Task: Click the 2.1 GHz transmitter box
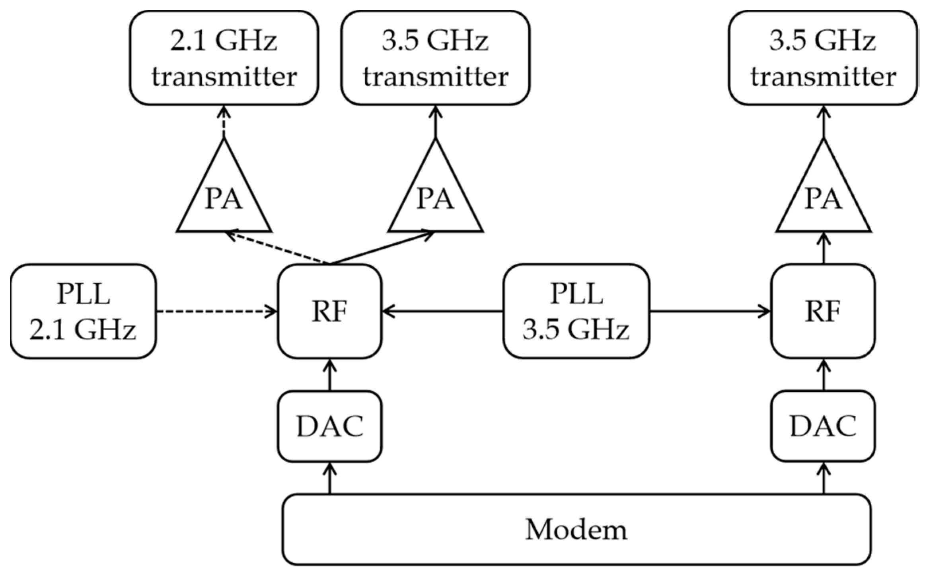(224, 58)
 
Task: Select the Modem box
(576, 529)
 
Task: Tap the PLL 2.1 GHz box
(83, 311)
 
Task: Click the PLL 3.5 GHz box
(576, 311)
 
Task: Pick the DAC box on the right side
(823, 426)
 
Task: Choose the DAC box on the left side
(329, 426)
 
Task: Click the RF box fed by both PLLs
(329, 311)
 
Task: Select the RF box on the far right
(823, 311)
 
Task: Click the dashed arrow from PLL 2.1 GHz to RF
(217, 311)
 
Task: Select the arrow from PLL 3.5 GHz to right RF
(710, 311)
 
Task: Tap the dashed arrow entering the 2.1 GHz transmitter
(224, 122)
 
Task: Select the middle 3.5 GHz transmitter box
(435, 58)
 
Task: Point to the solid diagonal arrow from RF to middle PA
(382, 247)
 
